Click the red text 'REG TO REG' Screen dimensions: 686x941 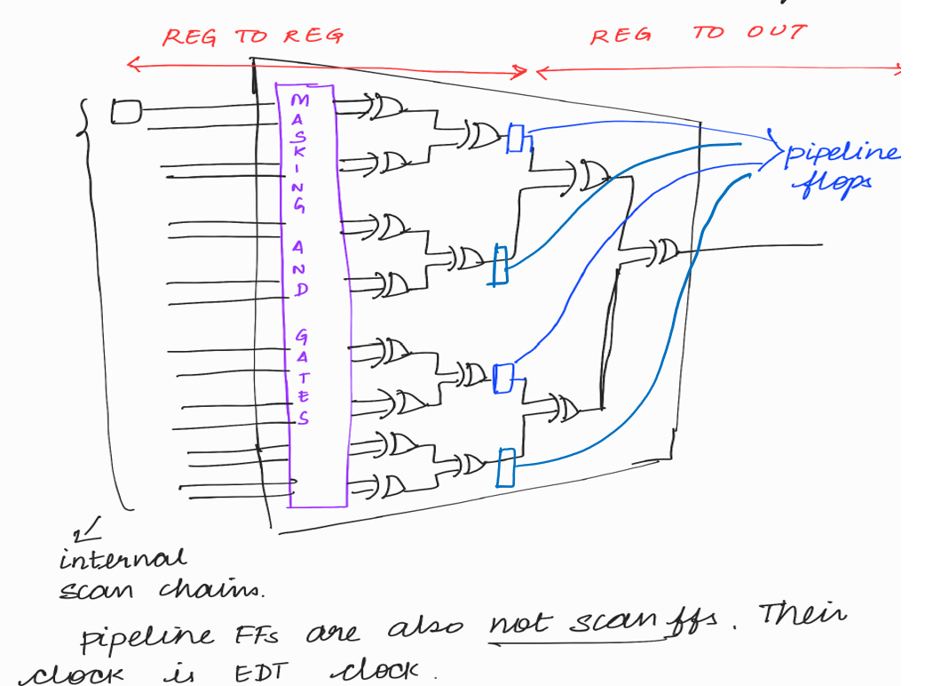252,36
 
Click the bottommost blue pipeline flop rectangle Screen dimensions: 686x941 506,467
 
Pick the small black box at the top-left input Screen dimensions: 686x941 125,112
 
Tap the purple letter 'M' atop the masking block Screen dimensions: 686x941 298,100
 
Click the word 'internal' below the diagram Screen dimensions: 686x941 123,560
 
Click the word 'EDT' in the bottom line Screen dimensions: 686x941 259,673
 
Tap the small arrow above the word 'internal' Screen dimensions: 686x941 89,531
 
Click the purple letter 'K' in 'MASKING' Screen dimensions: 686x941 300,150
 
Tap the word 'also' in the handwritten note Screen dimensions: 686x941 426,632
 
